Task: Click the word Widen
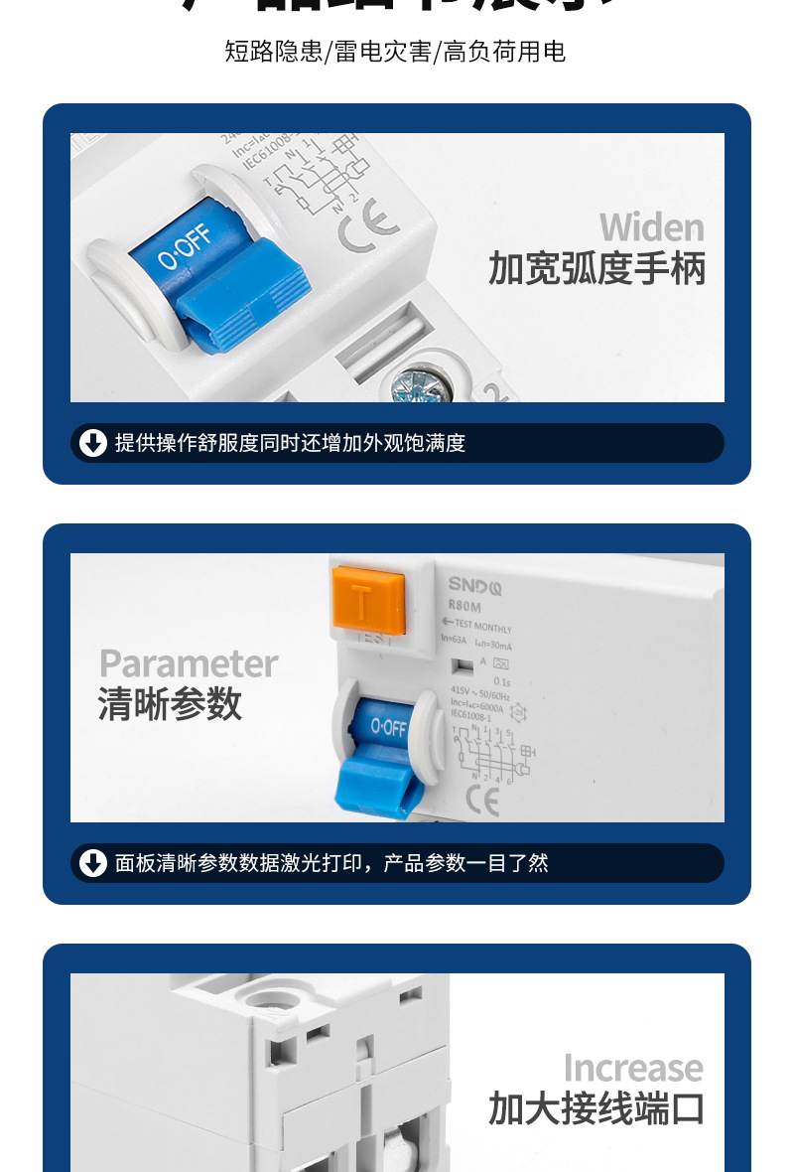coord(651,227)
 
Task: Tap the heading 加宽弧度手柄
coord(596,269)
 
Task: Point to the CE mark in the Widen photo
coord(368,226)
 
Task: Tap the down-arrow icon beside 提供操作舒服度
coord(93,443)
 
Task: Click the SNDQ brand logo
coord(474,586)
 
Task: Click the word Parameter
coord(189,663)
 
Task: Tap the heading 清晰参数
coord(170,704)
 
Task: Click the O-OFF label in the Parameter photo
coord(389,728)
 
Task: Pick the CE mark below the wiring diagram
coord(482,800)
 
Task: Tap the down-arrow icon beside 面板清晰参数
coord(93,863)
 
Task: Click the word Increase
coord(633,1069)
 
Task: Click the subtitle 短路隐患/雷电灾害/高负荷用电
coord(395,52)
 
